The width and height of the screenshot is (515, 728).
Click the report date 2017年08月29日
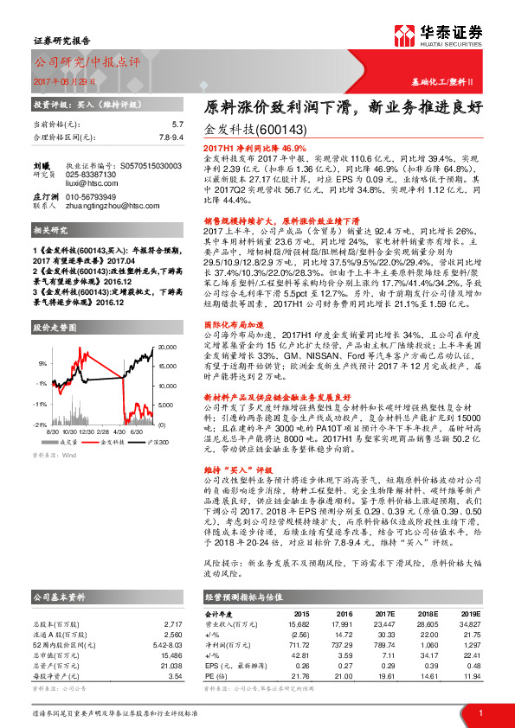click(x=65, y=80)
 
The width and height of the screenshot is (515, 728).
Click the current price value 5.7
click(x=177, y=125)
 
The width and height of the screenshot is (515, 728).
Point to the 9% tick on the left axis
click(x=42, y=363)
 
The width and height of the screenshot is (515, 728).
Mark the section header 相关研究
click(x=50, y=231)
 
